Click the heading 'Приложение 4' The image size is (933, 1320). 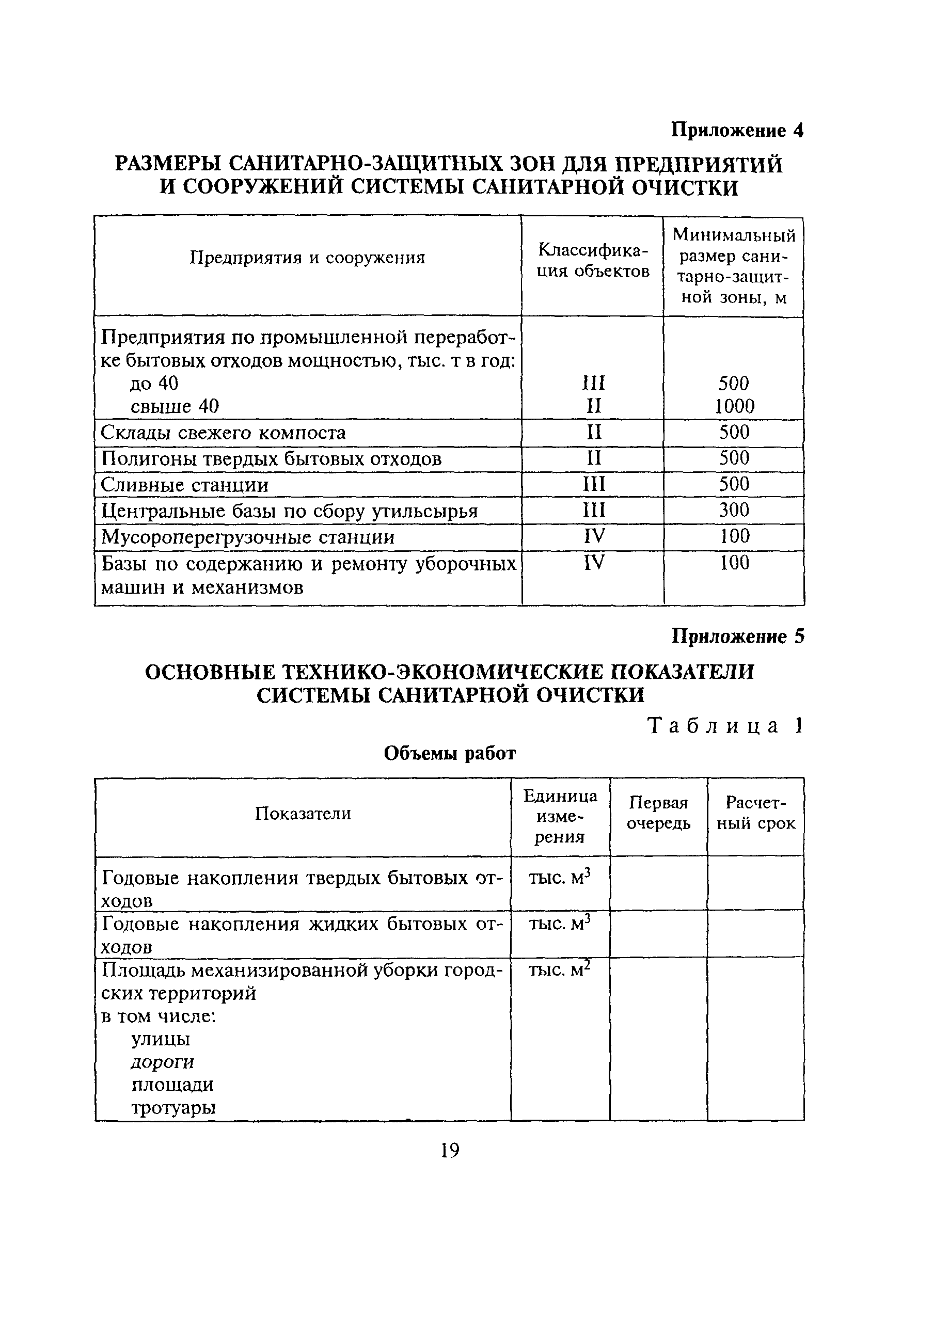click(x=737, y=131)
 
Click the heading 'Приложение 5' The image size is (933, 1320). click(x=737, y=637)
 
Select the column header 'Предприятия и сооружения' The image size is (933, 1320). click(x=308, y=258)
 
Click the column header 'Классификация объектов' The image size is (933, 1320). click(x=593, y=260)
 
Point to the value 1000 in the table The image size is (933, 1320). click(x=734, y=406)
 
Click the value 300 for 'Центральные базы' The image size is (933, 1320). click(x=734, y=510)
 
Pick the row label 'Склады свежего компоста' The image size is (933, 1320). click(x=223, y=432)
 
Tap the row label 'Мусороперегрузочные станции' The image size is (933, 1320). click(x=248, y=537)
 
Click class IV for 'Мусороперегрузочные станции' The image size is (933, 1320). click(x=594, y=536)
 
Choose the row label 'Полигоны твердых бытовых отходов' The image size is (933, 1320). click(x=272, y=459)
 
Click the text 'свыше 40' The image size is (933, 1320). click(x=175, y=406)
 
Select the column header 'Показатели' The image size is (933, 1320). click(x=303, y=814)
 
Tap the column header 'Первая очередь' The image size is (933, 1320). click(x=658, y=814)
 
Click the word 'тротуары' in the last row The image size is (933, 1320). click(x=173, y=1108)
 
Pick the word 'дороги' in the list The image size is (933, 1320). click(x=163, y=1062)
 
